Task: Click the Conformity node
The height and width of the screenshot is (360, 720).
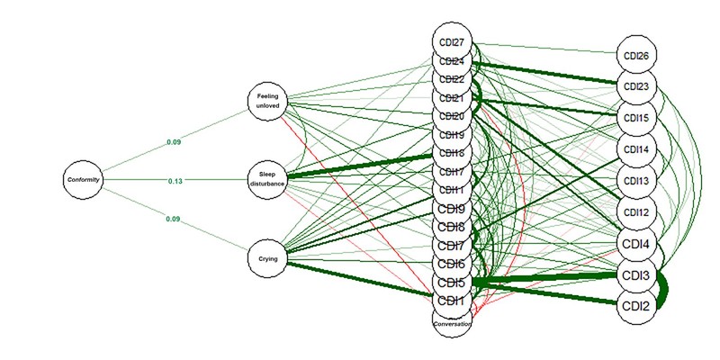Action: [83, 180]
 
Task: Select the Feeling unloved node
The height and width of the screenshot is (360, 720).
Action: [268, 101]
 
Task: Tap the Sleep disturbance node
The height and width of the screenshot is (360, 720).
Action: [268, 180]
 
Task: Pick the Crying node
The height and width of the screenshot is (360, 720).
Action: [268, 259]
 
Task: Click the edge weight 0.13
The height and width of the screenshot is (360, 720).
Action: [175, 181]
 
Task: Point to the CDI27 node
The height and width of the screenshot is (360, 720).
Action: [452, 42]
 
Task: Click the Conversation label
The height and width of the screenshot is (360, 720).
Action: [452, 322]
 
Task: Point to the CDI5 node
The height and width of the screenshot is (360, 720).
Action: [452, 283]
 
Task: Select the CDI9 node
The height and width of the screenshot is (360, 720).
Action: [452, 210]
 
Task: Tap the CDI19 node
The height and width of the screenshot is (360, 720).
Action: [452, 135]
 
